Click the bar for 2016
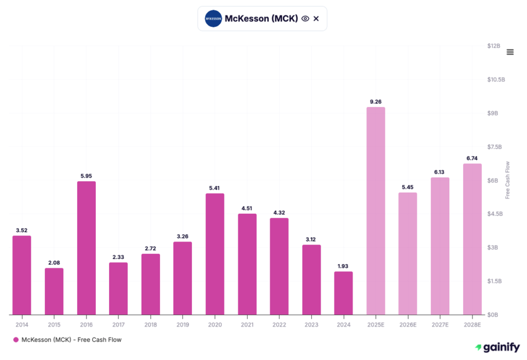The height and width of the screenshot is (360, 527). click(x=86, y=248)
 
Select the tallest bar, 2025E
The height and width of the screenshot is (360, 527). click(x=375, y=211)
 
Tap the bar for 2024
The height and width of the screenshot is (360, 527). click(x=343, y=293)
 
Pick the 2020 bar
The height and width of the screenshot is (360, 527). click(x=215, y=254)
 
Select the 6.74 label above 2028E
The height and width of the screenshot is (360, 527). click(x=472, y=159)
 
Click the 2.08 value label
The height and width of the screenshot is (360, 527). click(x=54, y=263)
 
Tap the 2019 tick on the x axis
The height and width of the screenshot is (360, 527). click(x=183, y=324)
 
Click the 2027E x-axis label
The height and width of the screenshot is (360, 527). click(x=440, y=324)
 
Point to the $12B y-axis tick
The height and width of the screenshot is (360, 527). click(x=494, y=46)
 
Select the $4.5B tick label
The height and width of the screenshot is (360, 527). click(x=494, y=214)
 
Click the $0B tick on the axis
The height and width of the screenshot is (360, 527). click(x=494, y=314)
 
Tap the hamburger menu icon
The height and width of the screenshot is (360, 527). click(x=510, y=52)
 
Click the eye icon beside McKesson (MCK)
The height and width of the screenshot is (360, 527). click(x=305, y=19)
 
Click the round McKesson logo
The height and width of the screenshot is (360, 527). click(x=213, y=19)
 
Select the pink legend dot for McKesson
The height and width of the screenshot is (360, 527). click(x=15, y=340)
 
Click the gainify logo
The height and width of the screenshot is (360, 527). click(x=497, y=348)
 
